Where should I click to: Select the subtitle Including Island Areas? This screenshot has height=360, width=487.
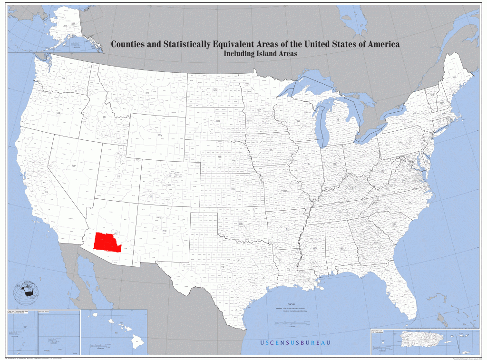pyautogui.click(x=260, y=54)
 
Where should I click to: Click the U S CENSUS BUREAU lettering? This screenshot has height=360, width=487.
pyautogui.click(x=295, y=343)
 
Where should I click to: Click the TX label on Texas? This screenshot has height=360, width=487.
pyautogui.click(x=222, y=267)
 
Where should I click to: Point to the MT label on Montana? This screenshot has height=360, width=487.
pyautogui.click(x=147, y=92)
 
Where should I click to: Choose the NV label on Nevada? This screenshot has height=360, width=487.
pyautogui.click(x=74, y=165)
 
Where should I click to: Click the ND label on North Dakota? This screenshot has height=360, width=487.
pyautogui.click(x=215, y=90)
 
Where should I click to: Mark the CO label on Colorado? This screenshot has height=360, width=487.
pyautogui.click(x=169, y=185)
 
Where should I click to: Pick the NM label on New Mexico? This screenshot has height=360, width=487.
pyautogui.click(x=165, y=231)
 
